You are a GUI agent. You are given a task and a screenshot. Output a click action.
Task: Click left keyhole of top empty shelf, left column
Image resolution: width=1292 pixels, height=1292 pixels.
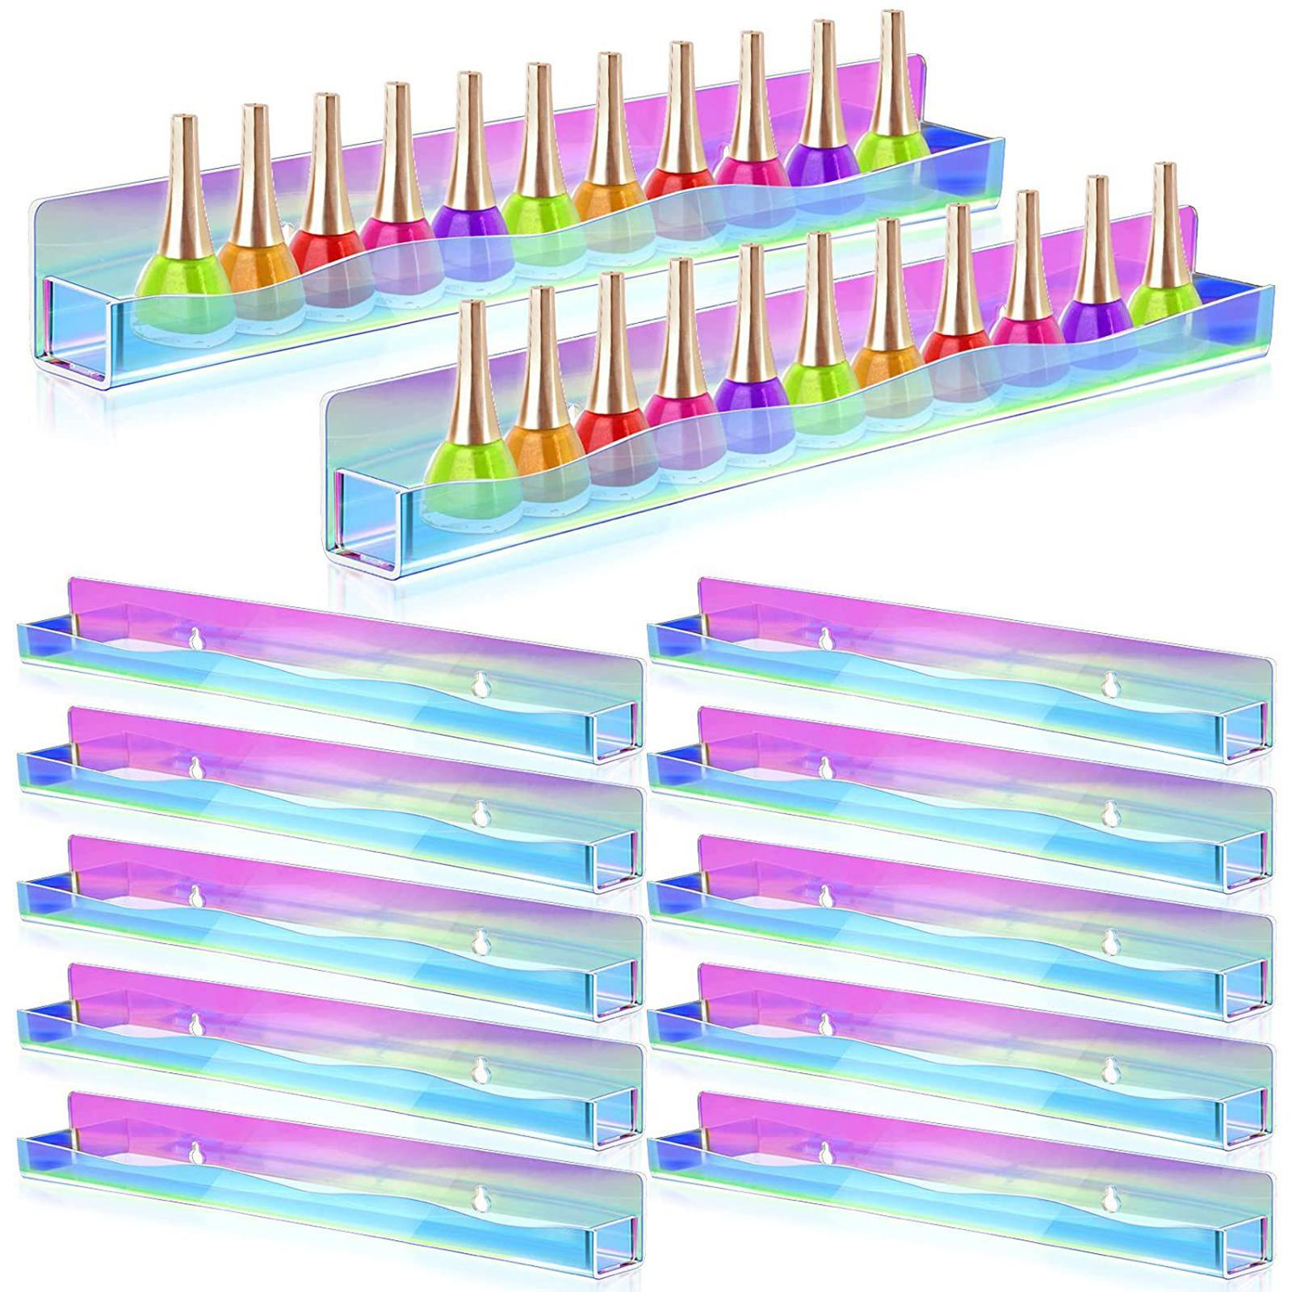195,640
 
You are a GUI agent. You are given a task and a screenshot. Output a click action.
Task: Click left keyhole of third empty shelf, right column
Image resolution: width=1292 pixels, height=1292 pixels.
824,896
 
